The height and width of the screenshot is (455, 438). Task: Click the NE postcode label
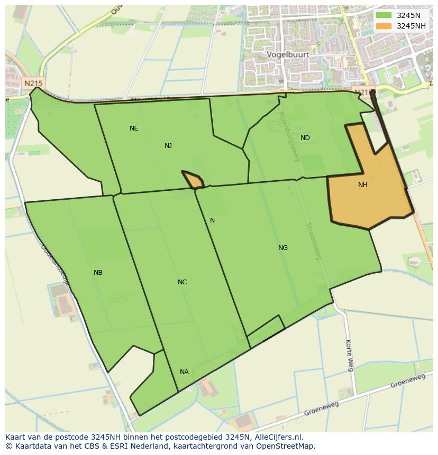[x=134, y=128]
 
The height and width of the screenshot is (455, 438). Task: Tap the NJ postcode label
[x=168, y=146]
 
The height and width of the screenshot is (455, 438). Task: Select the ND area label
[x=305, y=138]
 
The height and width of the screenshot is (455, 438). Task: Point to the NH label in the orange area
[x=362, y=185]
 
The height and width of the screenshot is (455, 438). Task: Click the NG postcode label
[x=283, y=248]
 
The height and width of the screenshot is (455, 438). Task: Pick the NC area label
[x=182, y=282]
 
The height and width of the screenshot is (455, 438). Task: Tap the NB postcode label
[x=98, y=273]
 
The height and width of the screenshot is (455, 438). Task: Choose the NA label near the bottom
[x=184, y=372]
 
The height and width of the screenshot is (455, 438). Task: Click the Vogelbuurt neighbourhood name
[x=288, y=54]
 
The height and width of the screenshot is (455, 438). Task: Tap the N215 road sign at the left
[x=33, y=83]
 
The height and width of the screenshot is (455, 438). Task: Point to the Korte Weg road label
[x=349, y=355]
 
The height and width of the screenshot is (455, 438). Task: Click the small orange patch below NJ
[x=194, y=180]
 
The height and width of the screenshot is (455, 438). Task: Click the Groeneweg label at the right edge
[x=408, y=380]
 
